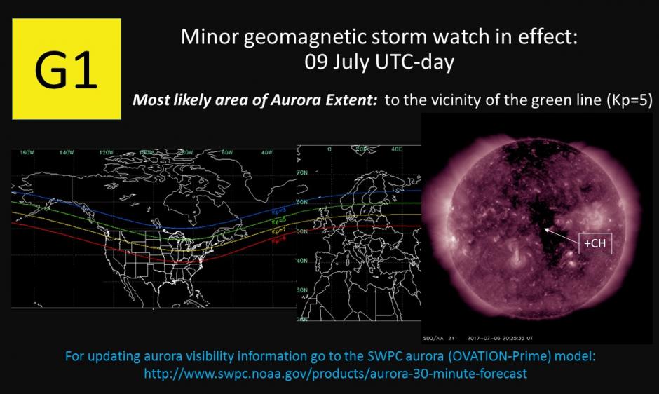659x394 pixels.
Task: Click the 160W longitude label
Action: [27, 151]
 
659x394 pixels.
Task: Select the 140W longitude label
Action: [67, 151]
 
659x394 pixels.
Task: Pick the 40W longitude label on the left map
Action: [265, 151]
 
